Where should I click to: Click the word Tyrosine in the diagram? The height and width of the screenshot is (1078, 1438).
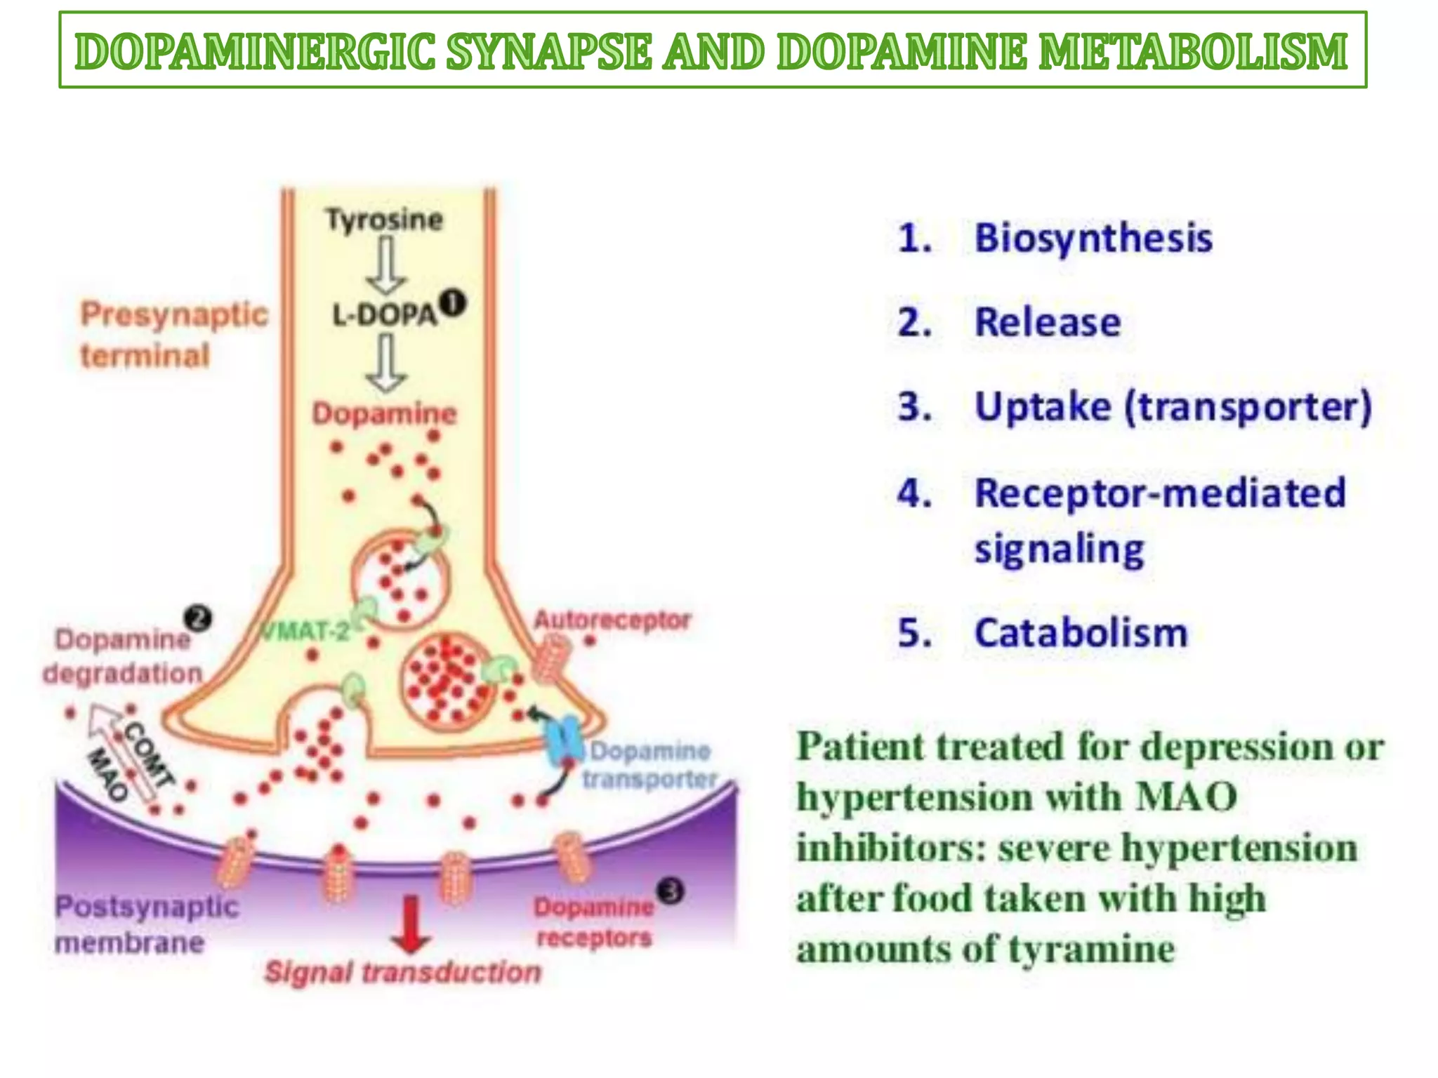384,220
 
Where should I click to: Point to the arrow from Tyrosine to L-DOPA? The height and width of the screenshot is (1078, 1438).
385,265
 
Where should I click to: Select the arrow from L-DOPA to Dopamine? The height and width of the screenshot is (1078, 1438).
385,362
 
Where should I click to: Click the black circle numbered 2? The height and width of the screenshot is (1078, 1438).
198,619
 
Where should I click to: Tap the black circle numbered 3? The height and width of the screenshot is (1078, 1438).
671,891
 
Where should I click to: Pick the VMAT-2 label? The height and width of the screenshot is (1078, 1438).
305,632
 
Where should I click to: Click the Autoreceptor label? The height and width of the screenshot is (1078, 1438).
612,620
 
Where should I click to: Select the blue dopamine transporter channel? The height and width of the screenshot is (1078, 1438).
565,741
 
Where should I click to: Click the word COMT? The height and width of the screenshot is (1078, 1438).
149,754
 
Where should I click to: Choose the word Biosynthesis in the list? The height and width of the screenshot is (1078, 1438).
1093,238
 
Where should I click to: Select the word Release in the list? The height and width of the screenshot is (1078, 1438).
1048,323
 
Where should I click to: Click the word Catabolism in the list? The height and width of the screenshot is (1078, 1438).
1081,633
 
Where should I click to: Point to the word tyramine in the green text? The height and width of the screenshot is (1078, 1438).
1092,950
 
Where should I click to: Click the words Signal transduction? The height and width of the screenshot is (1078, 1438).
403,973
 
